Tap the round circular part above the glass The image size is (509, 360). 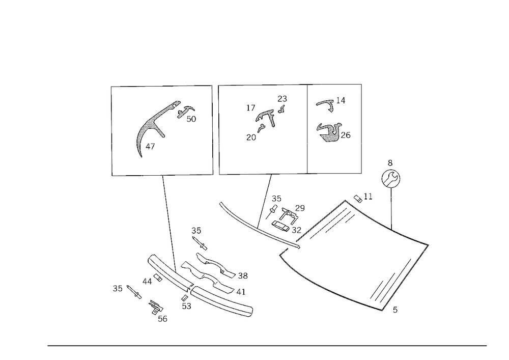coord(391,179)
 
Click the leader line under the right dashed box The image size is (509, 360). coord(266,199)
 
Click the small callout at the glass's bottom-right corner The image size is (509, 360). coord(396,308)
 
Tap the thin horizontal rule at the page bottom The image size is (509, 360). coord(267,345)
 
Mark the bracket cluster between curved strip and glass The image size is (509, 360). coord(285,214)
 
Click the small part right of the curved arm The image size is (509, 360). coord(187,113)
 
